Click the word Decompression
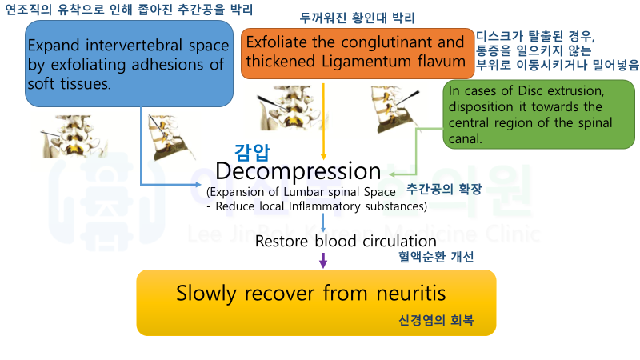(298, 171)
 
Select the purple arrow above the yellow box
(323, 260)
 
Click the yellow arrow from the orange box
(323, 120)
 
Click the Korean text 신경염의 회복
(436, 321)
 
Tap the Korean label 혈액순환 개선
(436, 257)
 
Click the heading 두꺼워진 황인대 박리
(369, 18)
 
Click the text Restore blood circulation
(346, 241)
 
